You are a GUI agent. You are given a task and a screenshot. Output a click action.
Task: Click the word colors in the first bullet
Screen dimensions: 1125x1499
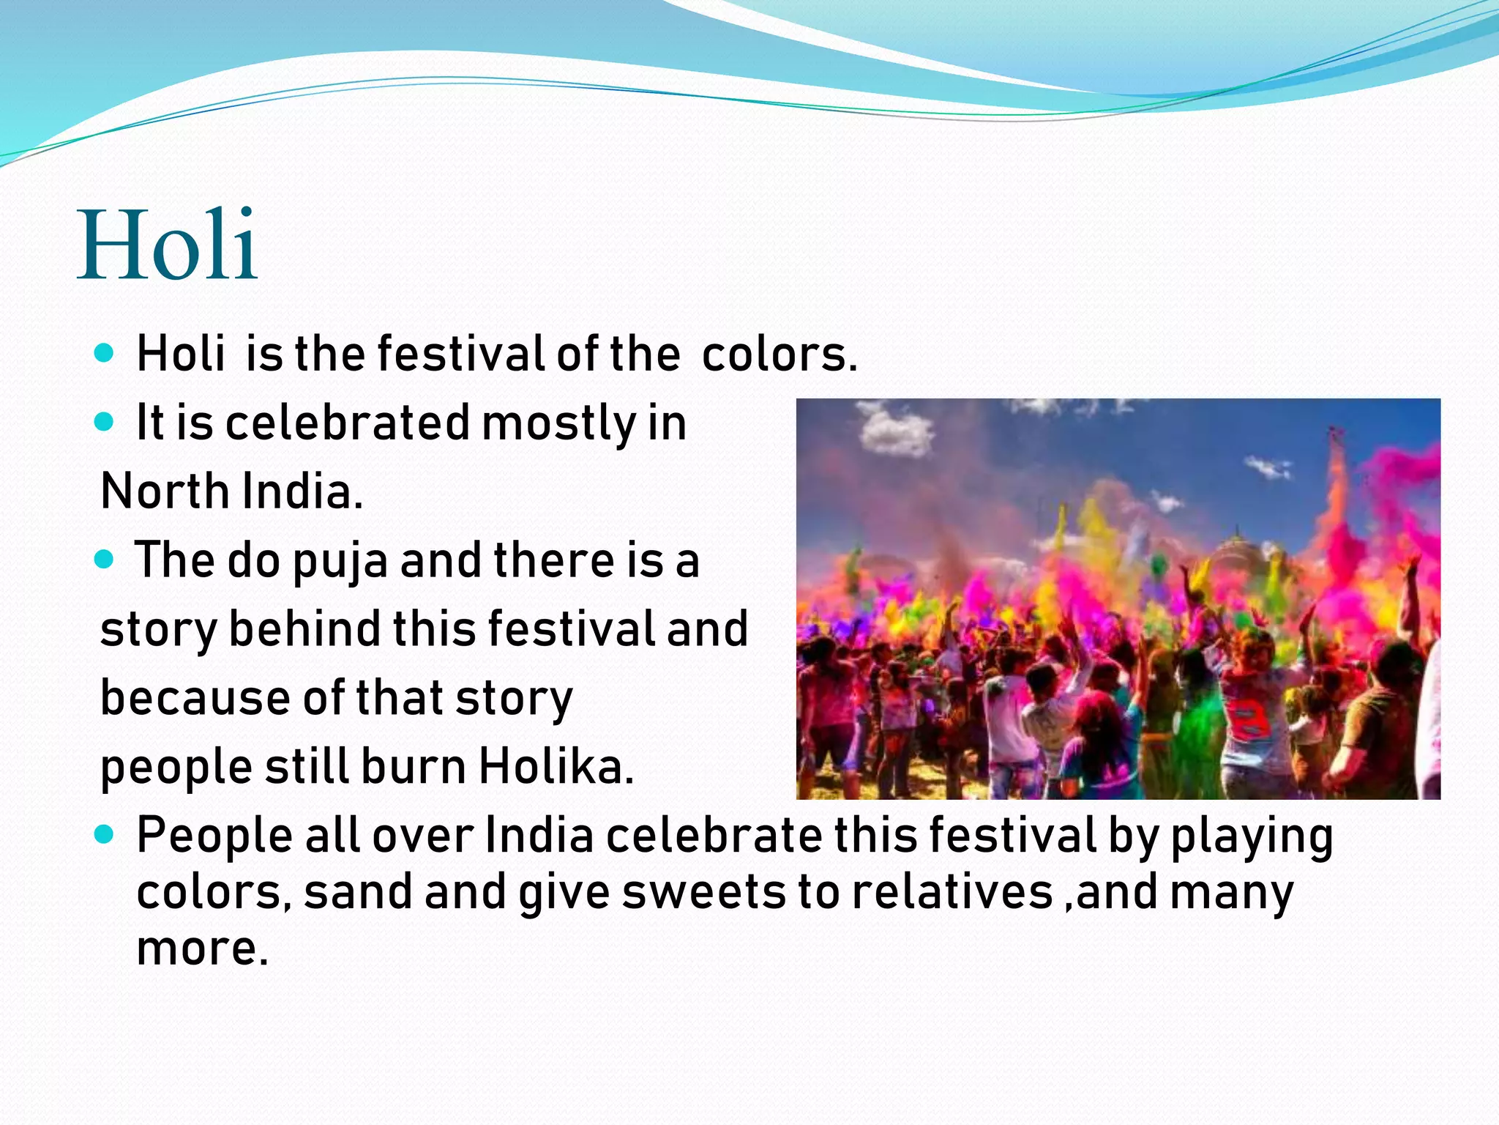779,354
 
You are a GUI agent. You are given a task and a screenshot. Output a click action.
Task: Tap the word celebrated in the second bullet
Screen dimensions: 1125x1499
348,423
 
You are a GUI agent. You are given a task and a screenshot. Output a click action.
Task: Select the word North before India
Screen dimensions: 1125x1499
165,491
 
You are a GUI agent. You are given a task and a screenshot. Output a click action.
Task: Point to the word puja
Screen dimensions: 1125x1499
340,561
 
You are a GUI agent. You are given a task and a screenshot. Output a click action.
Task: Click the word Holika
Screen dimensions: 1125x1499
556,767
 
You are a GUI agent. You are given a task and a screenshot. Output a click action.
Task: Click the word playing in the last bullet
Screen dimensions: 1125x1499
1252,836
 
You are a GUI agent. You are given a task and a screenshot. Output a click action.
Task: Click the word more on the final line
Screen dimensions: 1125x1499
202,948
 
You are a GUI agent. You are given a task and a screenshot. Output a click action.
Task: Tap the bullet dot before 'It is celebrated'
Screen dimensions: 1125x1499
105,423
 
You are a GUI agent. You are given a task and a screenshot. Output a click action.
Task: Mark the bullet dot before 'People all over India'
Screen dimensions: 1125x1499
105,834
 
